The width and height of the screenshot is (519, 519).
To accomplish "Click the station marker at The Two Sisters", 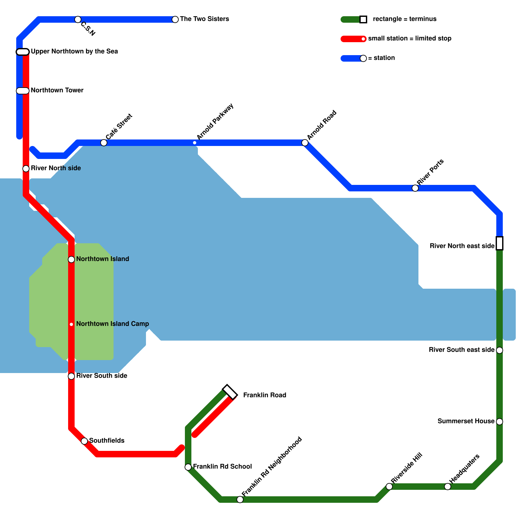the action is coord(175,19).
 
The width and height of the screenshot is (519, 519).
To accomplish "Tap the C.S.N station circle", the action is coord(78,19).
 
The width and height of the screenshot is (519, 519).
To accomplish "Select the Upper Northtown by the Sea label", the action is coord(74,51).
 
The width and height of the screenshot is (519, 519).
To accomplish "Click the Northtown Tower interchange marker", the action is coord(23,91).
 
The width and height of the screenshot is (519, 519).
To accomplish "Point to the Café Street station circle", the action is coord(104,143).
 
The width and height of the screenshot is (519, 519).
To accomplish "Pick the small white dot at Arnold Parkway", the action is coord(195,143).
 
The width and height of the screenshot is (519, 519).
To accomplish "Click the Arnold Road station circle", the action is coord(305,143).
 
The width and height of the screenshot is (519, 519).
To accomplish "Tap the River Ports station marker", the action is coord(415,188).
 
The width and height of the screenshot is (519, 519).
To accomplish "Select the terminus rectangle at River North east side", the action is coord(500,243).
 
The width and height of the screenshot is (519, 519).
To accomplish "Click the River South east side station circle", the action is coord(500,350).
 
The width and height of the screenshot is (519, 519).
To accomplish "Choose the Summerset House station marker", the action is coord(500,422).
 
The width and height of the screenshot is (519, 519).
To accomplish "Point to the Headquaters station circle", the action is coord(448,487).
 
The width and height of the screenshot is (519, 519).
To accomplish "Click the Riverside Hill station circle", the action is coord(389,487).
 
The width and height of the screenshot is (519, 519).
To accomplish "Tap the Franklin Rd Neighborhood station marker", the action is coord(240,500).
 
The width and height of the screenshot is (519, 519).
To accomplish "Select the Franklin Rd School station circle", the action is coord(188,467).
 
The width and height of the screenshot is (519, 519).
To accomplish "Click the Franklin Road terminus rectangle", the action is coord(230,392).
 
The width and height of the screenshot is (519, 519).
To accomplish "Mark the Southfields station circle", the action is coord(84,441).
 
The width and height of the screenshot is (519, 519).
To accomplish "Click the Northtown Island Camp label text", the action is coord(113,324).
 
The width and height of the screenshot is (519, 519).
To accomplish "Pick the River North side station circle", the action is coord(26,169).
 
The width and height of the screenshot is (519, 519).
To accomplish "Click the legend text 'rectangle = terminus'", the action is coord(404,19).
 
